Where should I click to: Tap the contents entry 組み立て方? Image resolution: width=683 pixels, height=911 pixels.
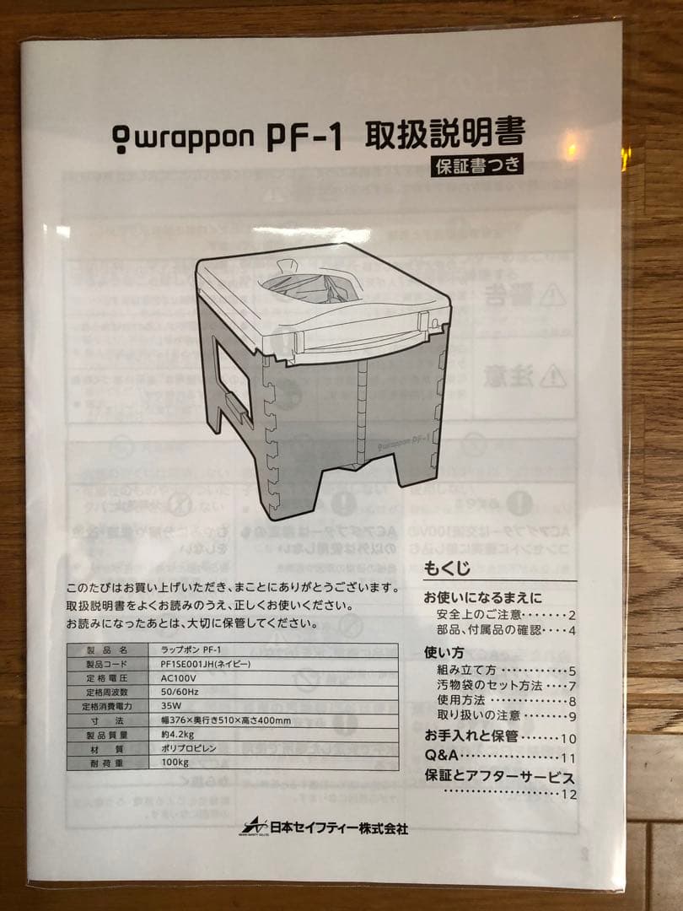click(x=465, y=671)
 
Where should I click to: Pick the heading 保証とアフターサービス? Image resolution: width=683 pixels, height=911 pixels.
click(x=499, y=777)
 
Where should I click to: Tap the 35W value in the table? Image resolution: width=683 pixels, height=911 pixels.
click(x=171, y=706)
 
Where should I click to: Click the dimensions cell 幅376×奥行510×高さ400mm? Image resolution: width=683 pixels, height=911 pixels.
click(x=225, y=720)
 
